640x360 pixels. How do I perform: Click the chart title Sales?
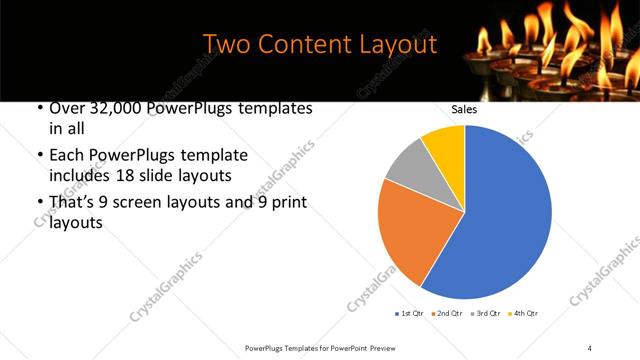point(463,110)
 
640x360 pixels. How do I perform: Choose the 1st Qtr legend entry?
point(409,314)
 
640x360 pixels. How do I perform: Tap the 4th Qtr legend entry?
point(523,314)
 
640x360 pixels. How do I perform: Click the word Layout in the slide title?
point(400,45)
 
